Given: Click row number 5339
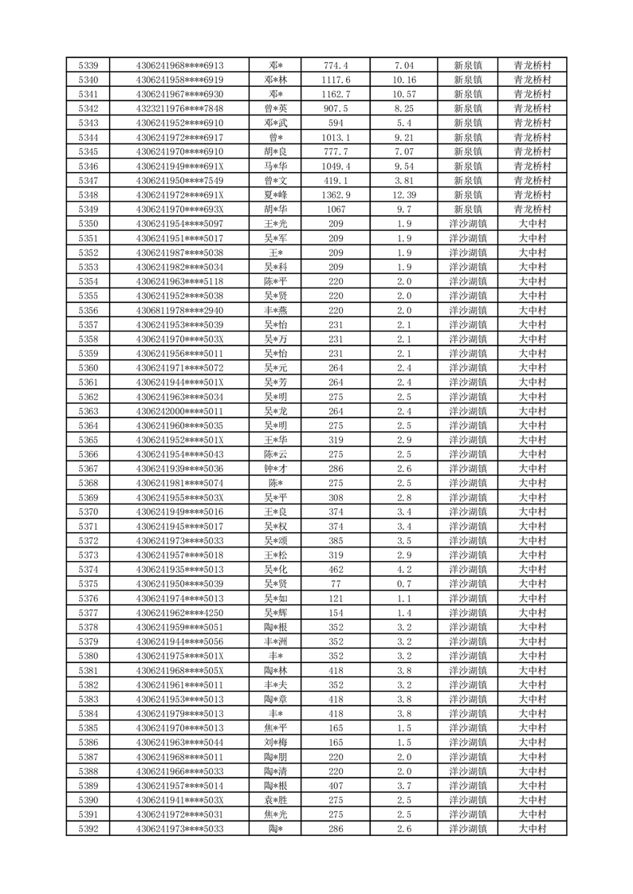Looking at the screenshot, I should tap(89, 65).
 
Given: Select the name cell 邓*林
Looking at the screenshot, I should tap(276, 80).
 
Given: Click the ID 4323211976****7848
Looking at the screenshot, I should tap(179, 108).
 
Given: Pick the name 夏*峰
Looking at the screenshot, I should tap(276, 195).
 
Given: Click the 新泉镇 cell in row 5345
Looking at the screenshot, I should tap(467, 152).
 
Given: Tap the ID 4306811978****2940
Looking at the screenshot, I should tap(179, 311).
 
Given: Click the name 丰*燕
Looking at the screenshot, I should tap(276, 311).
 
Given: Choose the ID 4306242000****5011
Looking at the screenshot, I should tap(179, 411).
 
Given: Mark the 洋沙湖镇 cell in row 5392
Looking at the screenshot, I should tap(467, 829).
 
